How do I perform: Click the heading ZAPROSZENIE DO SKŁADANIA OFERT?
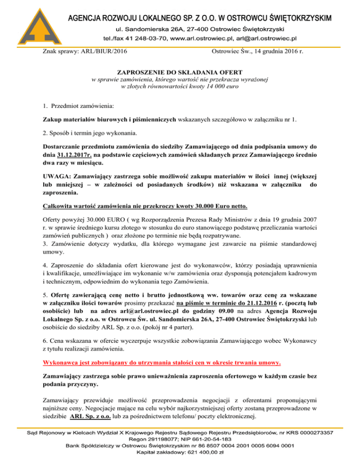(180, 72)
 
